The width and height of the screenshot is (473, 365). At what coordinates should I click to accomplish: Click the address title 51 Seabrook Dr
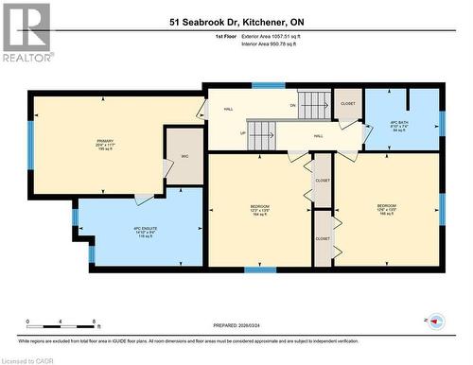point(236,21)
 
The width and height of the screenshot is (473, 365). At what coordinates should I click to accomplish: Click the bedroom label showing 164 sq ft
point(260,210)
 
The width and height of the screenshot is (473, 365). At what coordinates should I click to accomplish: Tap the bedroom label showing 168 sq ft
point(387,210)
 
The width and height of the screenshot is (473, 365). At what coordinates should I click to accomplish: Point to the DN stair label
point(293,105)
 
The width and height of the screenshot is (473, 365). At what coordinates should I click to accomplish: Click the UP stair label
point(242,133)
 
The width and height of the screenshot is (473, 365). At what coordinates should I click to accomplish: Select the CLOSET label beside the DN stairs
point(347,104)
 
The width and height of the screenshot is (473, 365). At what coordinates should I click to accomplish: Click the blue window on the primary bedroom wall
point(30,145)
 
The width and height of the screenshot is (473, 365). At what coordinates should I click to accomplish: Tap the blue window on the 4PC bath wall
point(441,122)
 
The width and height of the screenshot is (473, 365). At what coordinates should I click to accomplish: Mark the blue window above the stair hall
point(269,87)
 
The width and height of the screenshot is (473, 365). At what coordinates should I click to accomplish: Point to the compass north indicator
point(436,321)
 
